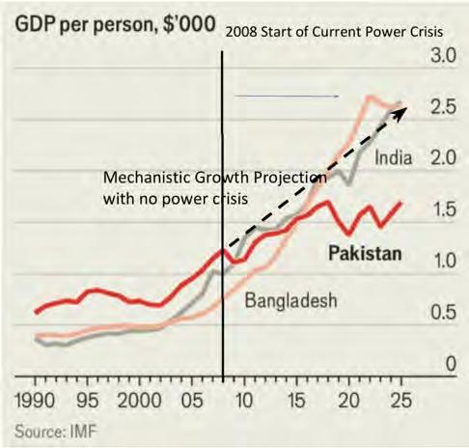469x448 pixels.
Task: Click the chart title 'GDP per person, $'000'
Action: click(x=115, y=25)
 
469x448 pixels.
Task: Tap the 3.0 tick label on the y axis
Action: click(x=444, y=55)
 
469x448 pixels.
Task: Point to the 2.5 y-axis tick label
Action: click(x=444, y=106)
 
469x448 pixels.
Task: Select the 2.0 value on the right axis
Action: click(x=444, y=157)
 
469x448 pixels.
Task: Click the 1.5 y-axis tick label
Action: click(x=444, y=210)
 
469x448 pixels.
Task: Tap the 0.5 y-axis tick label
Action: click(x=444, y=312)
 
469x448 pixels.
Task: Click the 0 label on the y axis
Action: click(x=451, y=364)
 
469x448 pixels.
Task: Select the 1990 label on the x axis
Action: click(x=35, y=401)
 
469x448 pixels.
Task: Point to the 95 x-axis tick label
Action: click(x=88, y=401)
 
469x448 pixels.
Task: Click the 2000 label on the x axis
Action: click(x=139, y=401)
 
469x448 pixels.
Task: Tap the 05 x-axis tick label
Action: click(x=192, y=401)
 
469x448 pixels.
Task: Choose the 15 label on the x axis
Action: click(x=296, y=401)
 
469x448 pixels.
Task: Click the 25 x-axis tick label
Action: click(x=401, y=401)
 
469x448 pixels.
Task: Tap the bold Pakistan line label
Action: click(x=365, y=253)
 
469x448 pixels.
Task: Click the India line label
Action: click(x=393, y=158)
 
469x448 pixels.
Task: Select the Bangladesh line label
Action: click(x=291, y=301)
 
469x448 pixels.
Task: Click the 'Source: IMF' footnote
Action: click(x=56, y=432)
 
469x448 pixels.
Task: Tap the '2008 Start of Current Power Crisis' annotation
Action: click(x=334, y=32)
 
